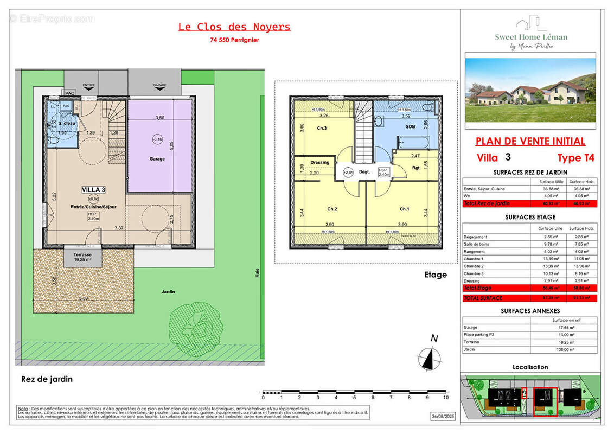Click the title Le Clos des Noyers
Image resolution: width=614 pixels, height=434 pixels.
[x=234, y=27]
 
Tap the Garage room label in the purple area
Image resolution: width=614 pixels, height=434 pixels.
[x=157, y=159]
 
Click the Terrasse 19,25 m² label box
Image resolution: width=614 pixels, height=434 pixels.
[x=83, y=257]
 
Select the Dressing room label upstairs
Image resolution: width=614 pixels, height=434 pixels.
[x=319, y=162]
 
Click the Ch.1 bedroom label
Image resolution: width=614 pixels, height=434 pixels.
[x=404, y=209]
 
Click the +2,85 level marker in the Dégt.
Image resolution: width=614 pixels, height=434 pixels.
[x=348, y=173]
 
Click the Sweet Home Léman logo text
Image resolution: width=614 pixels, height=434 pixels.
[x=530, y=37]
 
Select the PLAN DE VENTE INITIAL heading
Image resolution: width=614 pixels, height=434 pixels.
[x=530, y=142]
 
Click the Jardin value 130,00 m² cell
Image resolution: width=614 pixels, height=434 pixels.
[x=564, y=350]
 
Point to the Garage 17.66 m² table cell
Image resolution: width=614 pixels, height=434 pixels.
[x=564, y=327]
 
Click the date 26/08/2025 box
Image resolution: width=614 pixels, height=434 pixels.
[x=440, y=417]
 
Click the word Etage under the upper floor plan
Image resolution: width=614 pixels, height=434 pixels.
[x=436, y=275]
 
